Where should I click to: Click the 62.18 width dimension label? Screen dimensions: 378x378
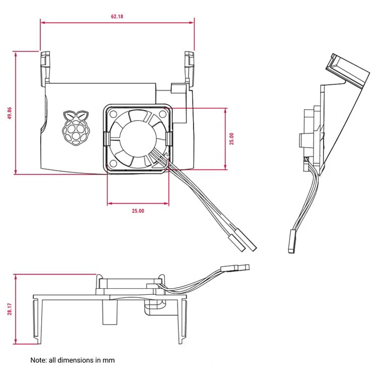117,16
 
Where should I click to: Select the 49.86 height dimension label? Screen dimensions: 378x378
9,113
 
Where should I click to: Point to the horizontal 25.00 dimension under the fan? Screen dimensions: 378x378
138,211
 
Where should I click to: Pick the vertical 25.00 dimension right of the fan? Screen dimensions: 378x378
232,139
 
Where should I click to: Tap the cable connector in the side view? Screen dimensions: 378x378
291,241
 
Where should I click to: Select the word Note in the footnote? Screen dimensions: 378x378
38,360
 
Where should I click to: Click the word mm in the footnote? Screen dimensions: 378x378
109,360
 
